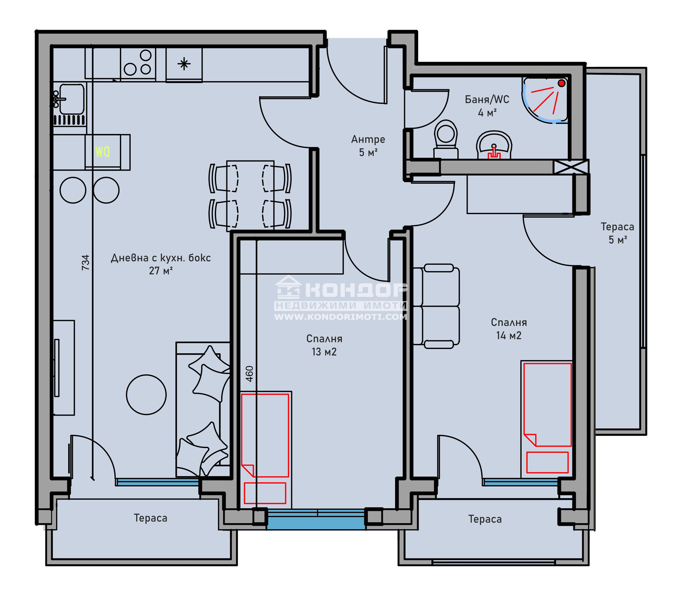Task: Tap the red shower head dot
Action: (562, 83)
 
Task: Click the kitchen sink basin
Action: (71, 99)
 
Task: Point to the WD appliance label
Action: (102, 151)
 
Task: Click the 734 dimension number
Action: (86, 262)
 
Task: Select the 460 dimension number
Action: (250, 373)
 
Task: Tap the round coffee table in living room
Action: (146, 395)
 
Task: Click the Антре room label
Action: (368, 139)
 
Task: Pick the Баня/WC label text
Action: (487, 99)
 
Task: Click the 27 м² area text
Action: (161, 271)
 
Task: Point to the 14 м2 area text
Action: (509, 335)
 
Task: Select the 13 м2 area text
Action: (324, 352)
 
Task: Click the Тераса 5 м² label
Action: (618, 233)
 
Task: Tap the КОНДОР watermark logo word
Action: (356, 291)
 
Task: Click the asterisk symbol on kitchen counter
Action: (184, 64)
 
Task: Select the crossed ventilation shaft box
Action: (571, 167)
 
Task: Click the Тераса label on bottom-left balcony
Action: (150, 518)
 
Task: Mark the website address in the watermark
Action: (341, 317)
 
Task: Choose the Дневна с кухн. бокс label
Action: (161, 258)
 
